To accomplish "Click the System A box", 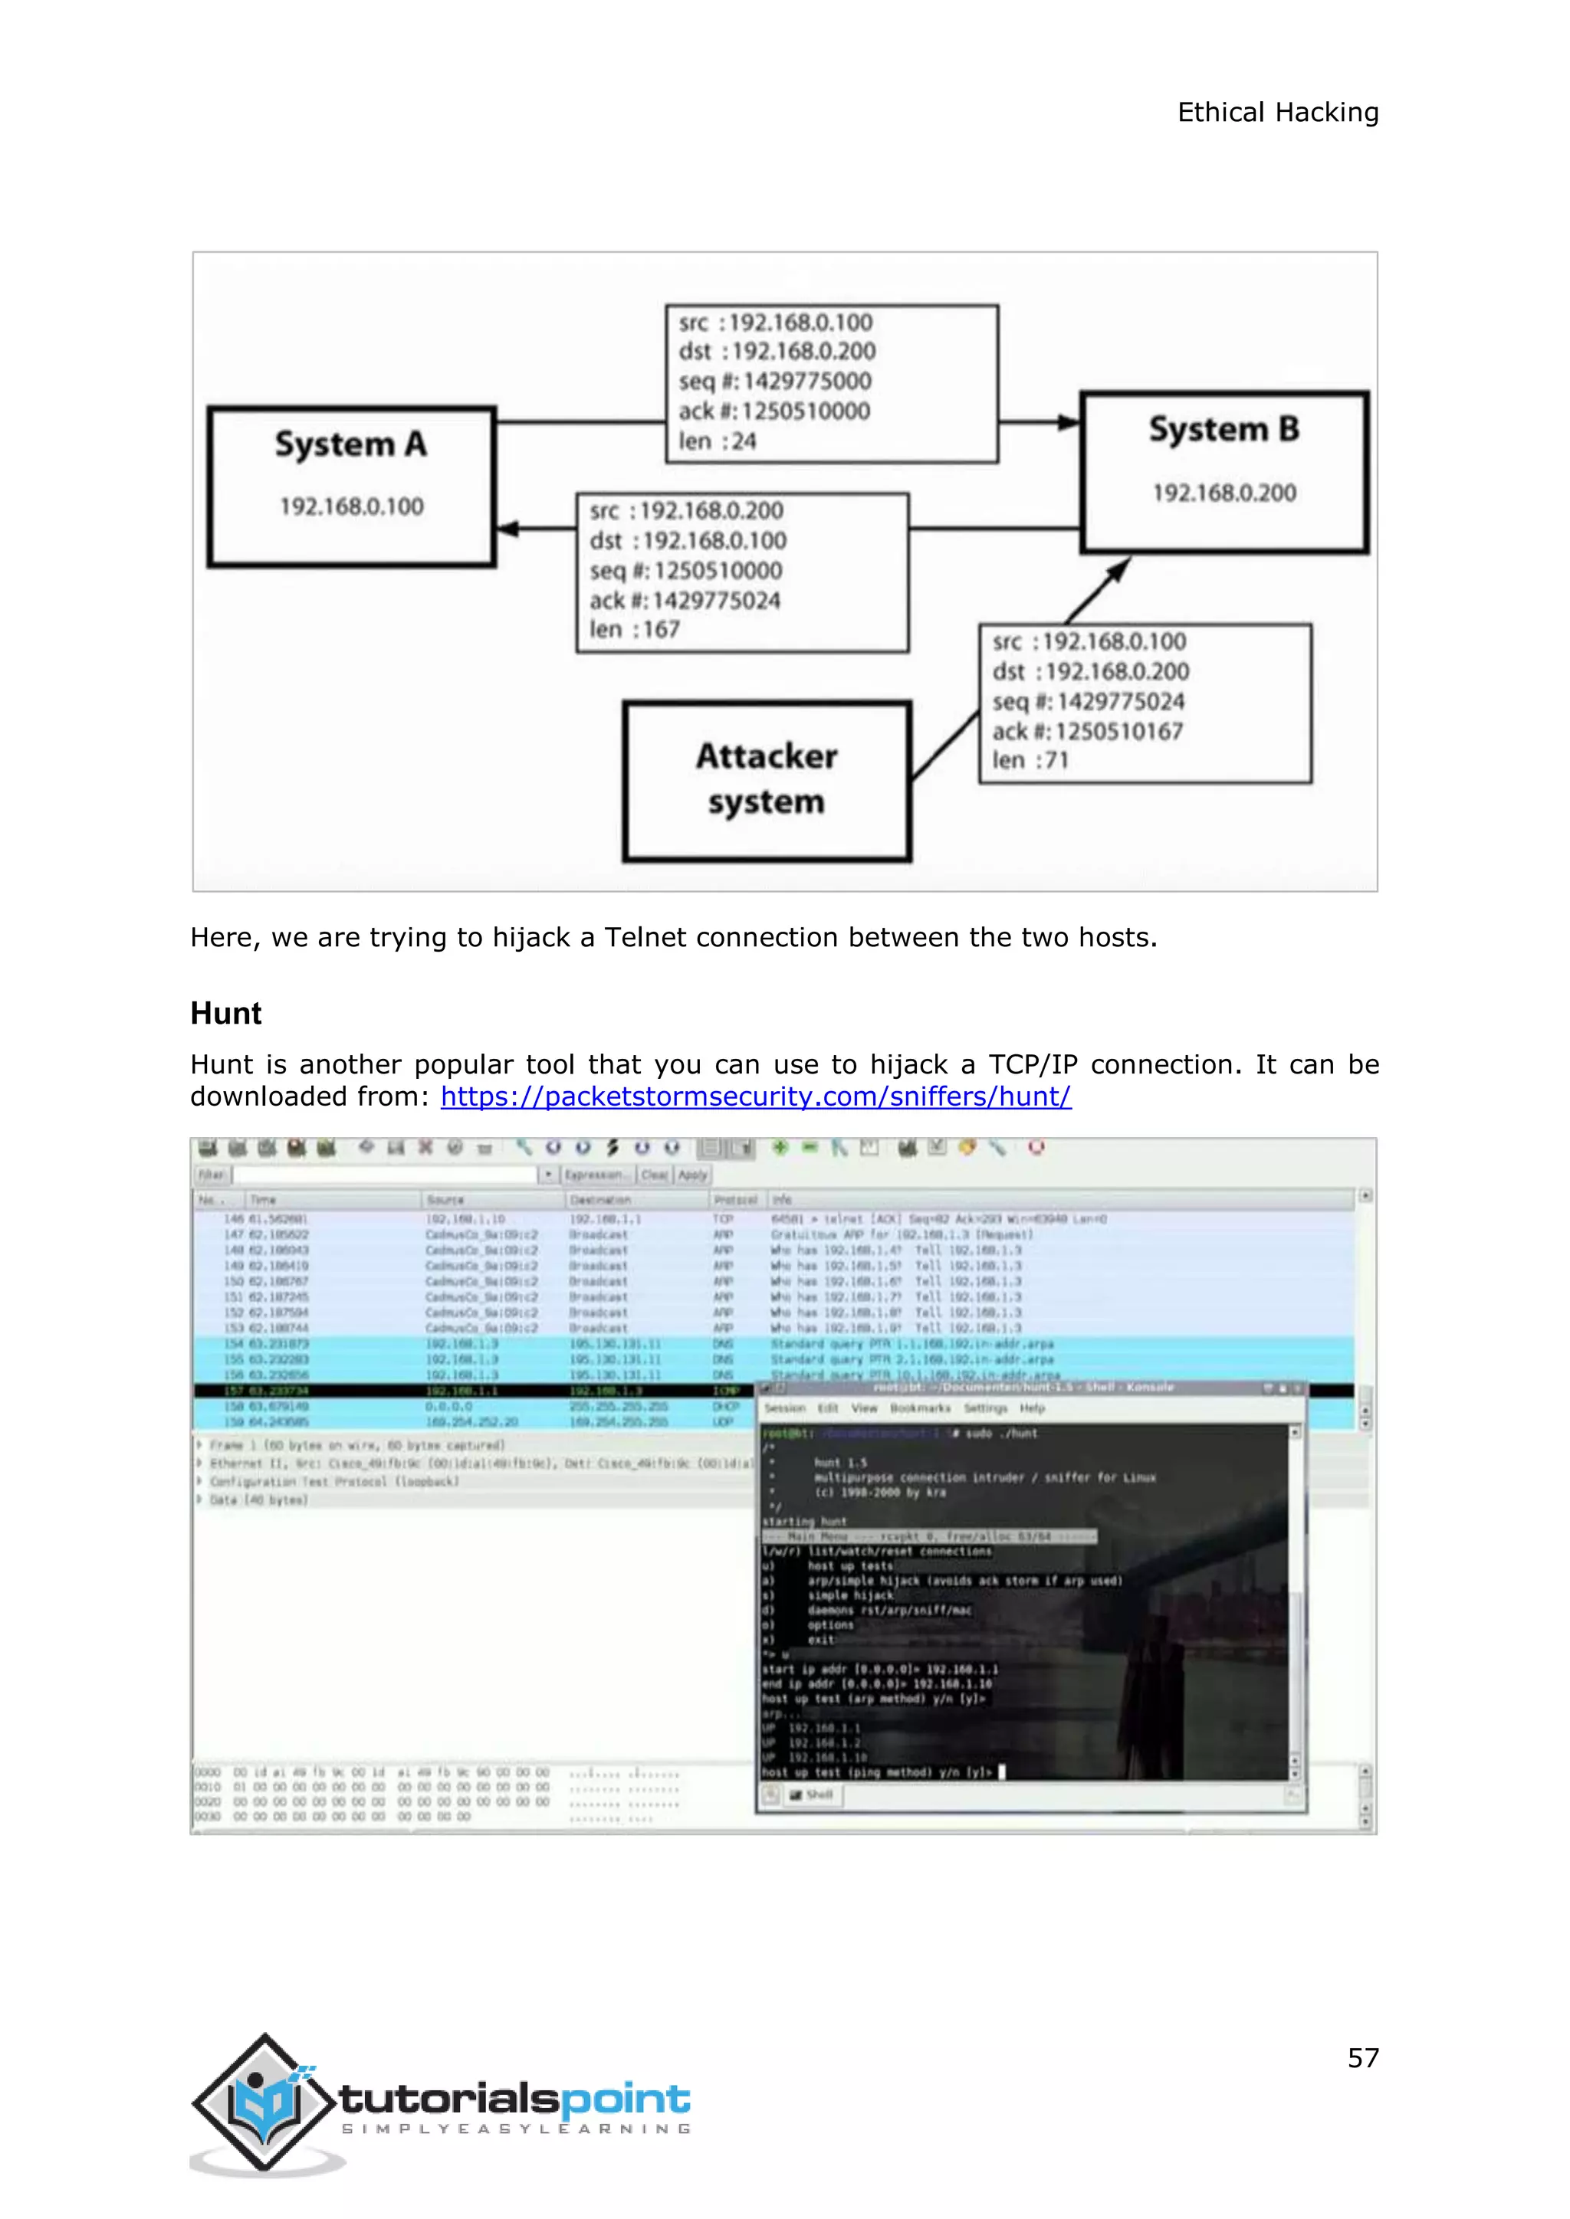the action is (352, 486).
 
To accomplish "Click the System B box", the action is (1224, 472).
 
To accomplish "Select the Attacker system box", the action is (767, 780).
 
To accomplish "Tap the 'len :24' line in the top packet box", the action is (718, 441).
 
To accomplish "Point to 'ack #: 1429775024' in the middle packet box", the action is (685, 600).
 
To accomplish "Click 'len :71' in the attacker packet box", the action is (1030, 761).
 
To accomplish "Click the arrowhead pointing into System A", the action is (507, 529).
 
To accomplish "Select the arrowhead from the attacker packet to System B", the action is (1118, 569).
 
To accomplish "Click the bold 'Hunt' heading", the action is (226, 1013).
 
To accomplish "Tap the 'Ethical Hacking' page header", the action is (1277, 112).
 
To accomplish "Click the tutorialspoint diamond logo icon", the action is (263, 2101).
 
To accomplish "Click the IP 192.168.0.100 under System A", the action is (352, 506).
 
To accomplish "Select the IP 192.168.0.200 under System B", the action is (1224, 493).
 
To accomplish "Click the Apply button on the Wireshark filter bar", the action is (692, 1175).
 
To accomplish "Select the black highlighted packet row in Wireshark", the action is (474, 1391).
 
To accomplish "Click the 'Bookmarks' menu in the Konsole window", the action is (919, 1408).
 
